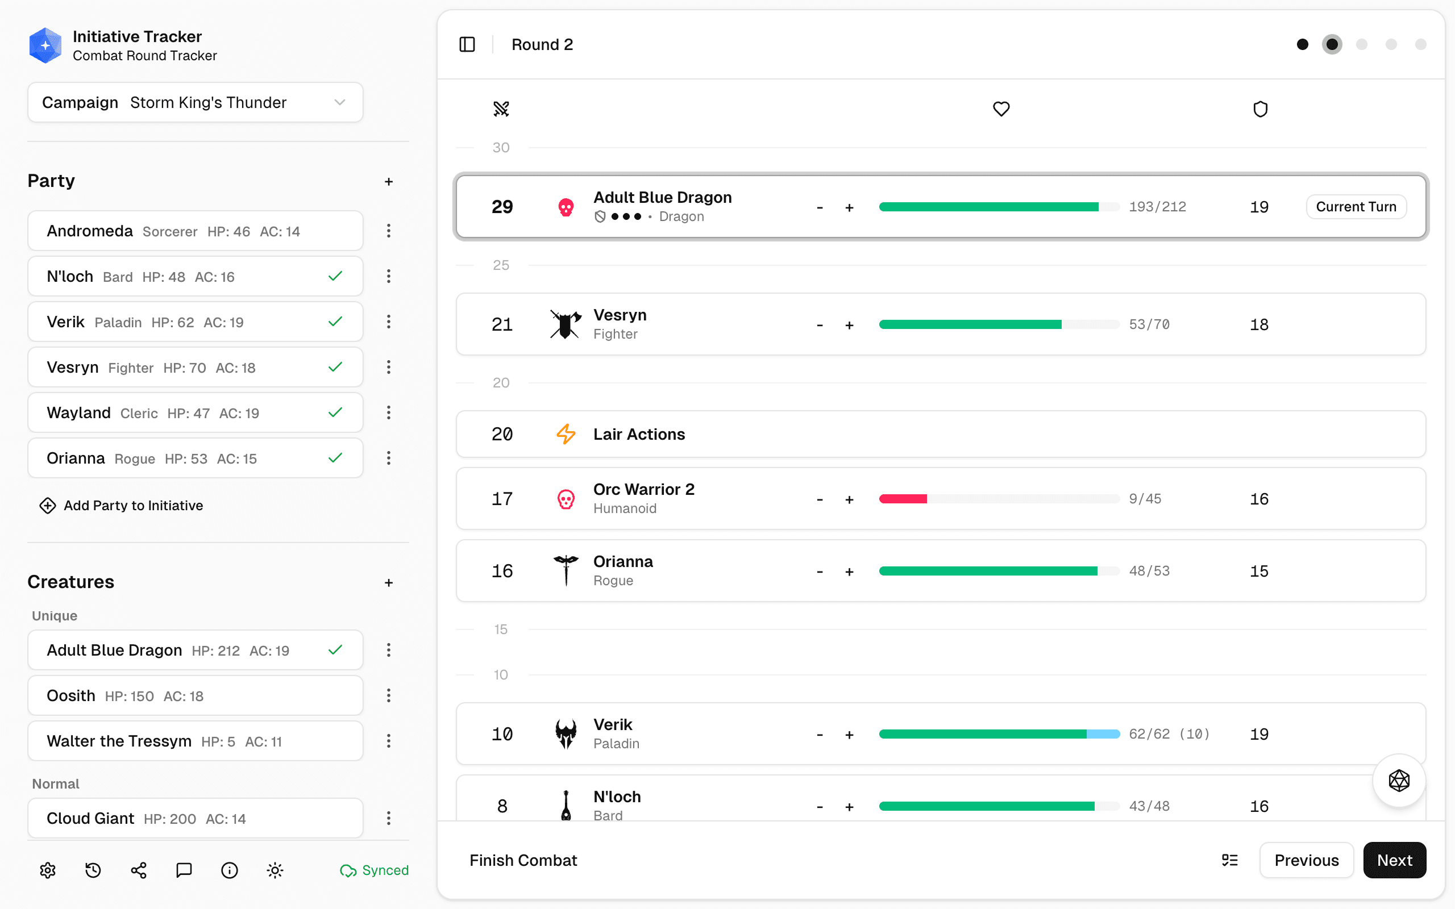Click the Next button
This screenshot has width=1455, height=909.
click(x=1394, y=860)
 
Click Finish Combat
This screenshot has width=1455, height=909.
click(x=522, y=860)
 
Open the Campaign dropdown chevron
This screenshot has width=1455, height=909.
click(x=340, y=102)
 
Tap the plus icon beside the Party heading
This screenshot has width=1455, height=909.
click(x=388, y=182)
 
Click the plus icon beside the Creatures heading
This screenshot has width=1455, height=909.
click(x=388, y=582)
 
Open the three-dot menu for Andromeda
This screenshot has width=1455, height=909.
click(x=388, y=231)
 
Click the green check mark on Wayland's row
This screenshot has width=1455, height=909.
click(x=335, y=412)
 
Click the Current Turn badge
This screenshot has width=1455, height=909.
click(x=1355, y=207)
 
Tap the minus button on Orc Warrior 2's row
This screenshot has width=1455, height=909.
click(x=820, y=499)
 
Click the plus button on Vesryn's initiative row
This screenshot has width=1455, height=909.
click(x=849, y=325)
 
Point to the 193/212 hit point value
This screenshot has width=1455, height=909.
click(x=1157, y=207)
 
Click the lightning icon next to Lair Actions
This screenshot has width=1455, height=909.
click(x=565, y=434)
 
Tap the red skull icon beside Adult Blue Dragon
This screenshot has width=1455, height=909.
click(x=565, y=207)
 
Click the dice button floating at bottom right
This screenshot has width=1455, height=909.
click(x=1399, y=781)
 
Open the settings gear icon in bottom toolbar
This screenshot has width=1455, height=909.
click(x=48, y=870)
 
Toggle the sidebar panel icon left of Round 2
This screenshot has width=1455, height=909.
click(x=467, y=44)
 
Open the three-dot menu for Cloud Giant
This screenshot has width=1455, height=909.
click(x=388, y=818)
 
